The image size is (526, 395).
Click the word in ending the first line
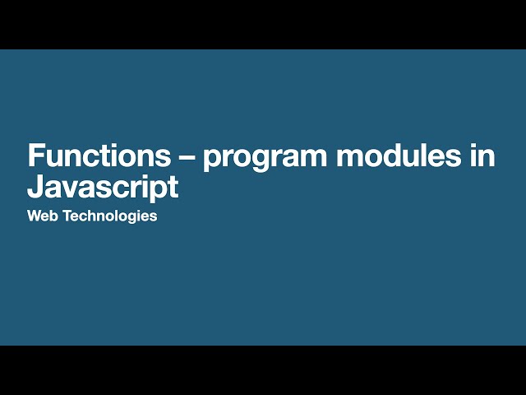pos(482,156)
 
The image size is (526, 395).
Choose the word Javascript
pos(102,188)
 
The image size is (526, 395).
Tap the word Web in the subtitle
pos(41,217)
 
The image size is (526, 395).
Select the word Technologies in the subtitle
pos(108,217)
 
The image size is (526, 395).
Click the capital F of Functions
pos(35,156)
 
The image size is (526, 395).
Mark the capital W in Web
pos(34,217)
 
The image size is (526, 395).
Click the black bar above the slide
pos(263,24)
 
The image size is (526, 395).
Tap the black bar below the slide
pos(263,370)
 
